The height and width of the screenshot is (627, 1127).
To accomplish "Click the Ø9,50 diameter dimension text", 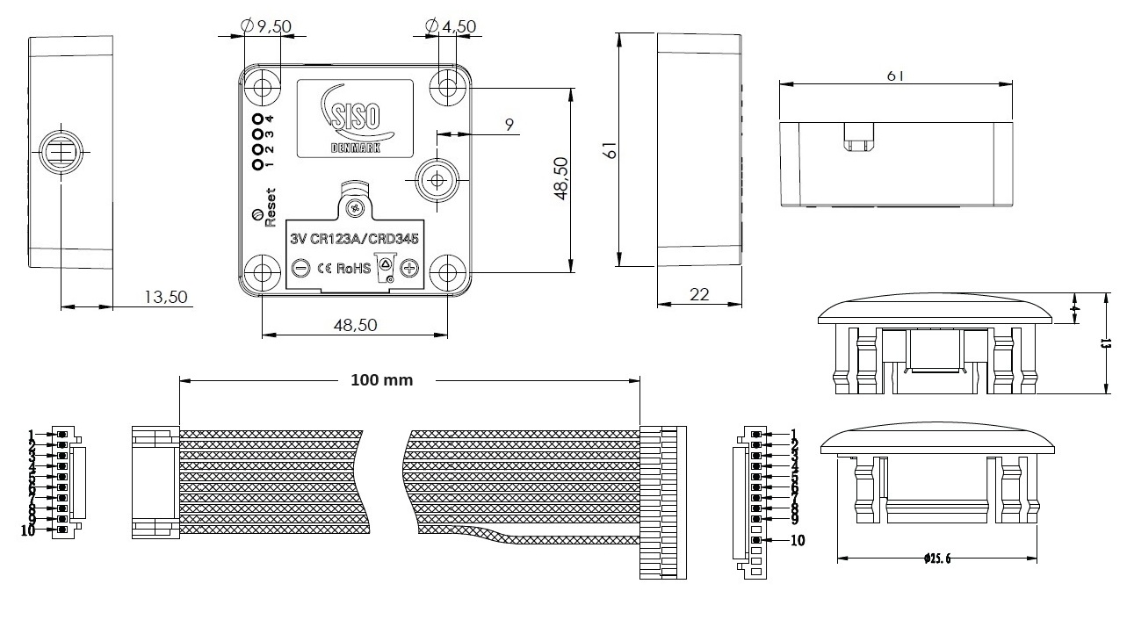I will [x=266, y=26].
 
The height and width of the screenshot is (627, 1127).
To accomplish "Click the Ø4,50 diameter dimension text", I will [x=450, y=26].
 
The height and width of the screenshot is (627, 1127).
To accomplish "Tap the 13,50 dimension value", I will [x=167, y=297].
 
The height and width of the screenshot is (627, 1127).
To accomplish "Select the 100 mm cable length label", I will [x=381, y=380].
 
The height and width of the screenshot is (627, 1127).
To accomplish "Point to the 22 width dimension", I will [x=699, y=295].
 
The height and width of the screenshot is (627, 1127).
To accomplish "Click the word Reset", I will [x=270, y=208].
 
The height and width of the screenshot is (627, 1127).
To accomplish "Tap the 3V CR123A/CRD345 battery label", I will [x=354, y=238].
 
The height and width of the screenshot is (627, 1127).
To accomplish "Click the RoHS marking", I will [x=357, y=268].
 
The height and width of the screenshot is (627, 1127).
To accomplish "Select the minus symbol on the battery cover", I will [x=300, y=267].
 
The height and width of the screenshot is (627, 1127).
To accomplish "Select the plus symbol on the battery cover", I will [x=408, y=267].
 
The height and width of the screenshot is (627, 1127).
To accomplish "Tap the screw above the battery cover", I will [x=355, y=207].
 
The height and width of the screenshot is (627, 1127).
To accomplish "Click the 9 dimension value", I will [x=509, y=125].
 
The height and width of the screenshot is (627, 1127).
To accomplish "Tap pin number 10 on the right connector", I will [x=798, y=540].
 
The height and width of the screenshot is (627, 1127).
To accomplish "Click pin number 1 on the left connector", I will [x=32, y=435].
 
